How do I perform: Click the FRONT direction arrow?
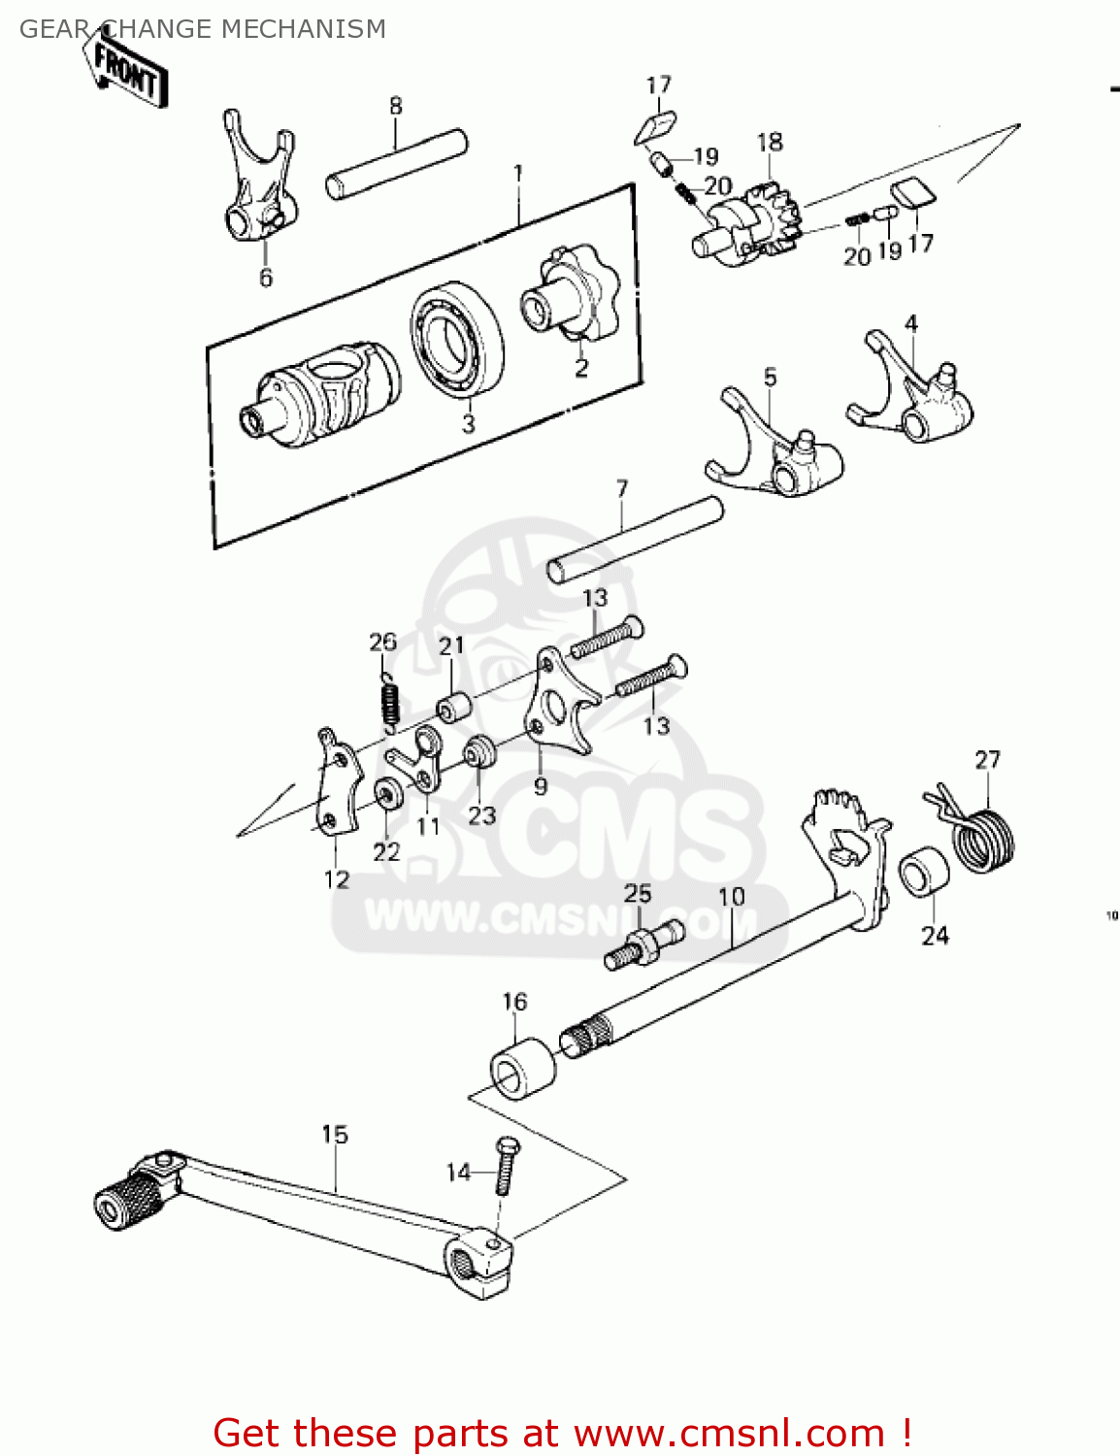[127, 73]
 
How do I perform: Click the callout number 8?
[396, 106]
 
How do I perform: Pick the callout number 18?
[770, 142]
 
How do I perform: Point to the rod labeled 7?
[636, 539]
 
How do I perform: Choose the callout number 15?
[335, 1134]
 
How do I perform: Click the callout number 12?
[337, 879]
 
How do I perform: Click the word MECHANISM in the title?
[304, 29]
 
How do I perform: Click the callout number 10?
[732, 895]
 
